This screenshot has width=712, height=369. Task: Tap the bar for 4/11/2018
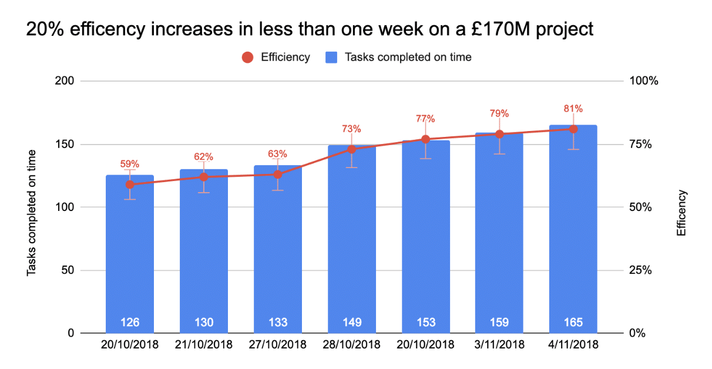[573, 235]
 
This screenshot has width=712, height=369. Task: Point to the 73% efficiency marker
[352, 149]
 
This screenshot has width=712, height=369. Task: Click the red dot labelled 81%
[573, 129]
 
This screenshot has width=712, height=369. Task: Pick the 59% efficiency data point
[130, 184]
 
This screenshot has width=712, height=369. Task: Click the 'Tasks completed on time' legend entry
[399, 57]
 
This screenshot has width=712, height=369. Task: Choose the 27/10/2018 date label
[278, 345]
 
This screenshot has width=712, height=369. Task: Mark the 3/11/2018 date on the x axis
[499, 345]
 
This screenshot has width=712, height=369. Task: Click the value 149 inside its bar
[352, 322]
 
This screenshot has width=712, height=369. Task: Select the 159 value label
[499, 322]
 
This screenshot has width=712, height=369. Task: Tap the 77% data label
[425, 119]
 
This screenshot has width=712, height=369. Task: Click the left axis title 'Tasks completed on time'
[32, 213]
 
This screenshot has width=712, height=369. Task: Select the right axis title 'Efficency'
[681, 213]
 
